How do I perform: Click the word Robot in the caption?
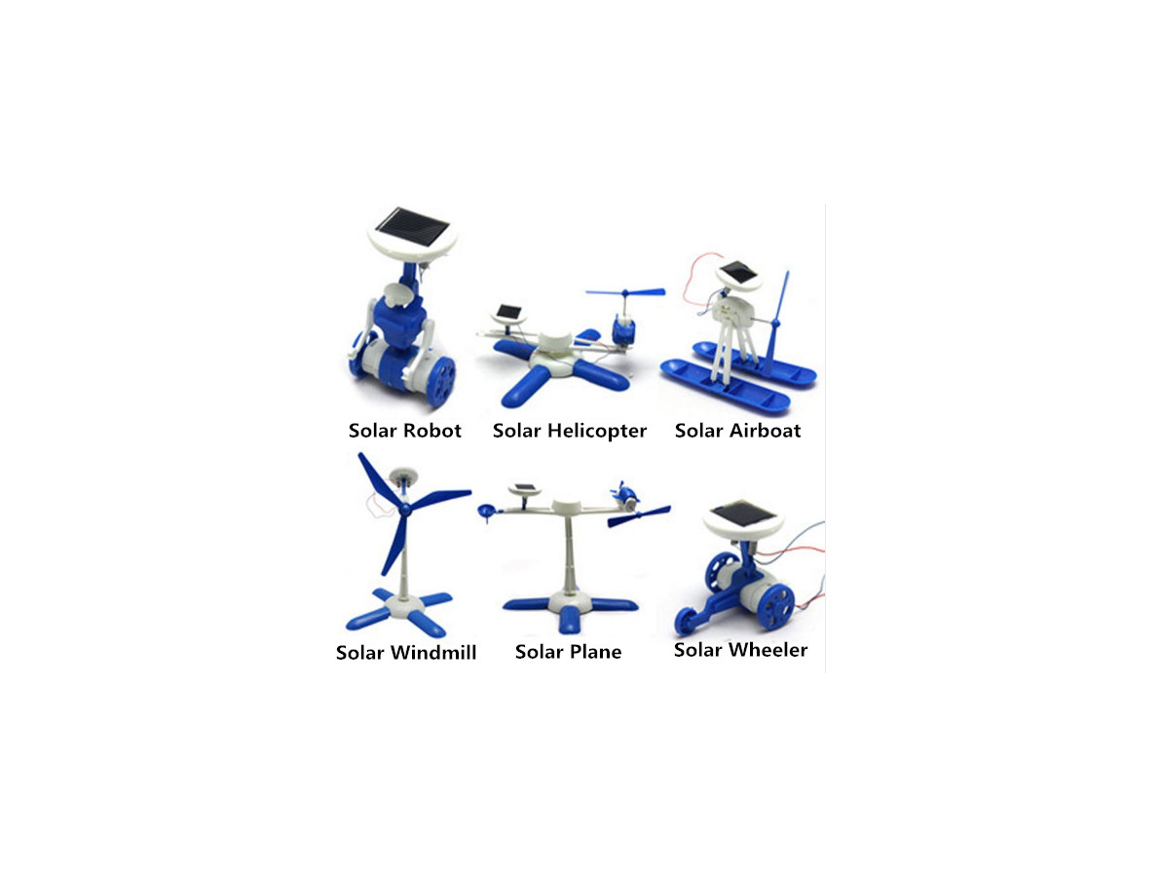click(x=432, y=431)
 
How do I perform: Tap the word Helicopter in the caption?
click(x=596, y=431)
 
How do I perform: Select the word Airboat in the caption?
click(x=765, y=431)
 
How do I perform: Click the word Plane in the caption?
click(x=590, y=652)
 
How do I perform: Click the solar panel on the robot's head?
click(x=412, y=228)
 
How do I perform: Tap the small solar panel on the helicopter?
click(x=508, y=312)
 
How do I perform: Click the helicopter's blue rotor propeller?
click(x=625, y=292)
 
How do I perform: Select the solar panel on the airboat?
click(x=739, y=272)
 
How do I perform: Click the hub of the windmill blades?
click(x=404, y=509)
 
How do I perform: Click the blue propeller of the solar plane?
click(x=638, y=515)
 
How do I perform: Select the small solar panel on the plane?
click(x=525, y=487)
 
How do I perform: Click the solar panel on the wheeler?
click(x=742, y=513)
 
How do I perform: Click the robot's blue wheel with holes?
click(x=440, y=380)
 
